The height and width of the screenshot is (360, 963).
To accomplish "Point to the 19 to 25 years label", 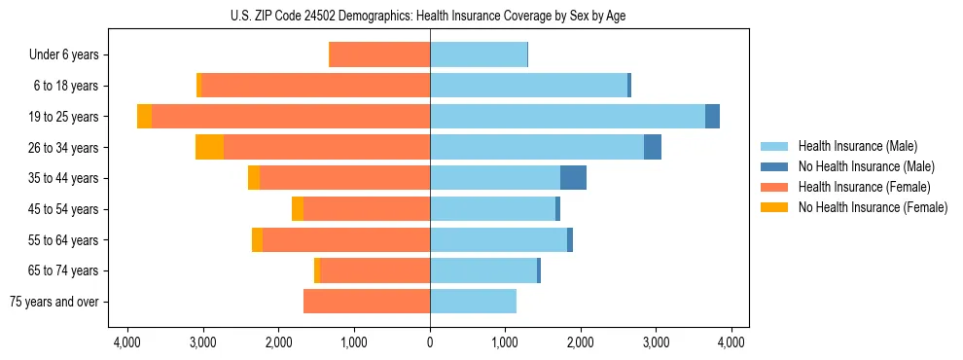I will tap(64, 117).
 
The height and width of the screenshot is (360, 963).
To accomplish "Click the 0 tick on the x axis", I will tap(430, 342).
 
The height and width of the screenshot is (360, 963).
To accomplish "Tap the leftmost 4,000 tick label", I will tap(127, 342).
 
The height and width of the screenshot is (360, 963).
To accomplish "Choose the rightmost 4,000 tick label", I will tap(731, 342).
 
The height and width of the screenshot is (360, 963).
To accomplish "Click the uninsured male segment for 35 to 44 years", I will tap(573, 178).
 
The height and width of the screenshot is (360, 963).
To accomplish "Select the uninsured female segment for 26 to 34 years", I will tap(209, 147).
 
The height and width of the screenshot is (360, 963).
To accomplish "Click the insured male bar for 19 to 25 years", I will tap(567, 117).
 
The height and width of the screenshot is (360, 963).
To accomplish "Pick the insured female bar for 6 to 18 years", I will tap(315, 86).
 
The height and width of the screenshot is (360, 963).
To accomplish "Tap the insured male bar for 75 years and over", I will tap(473, 302).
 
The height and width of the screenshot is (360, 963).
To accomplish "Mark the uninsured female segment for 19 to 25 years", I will tap(144, 117).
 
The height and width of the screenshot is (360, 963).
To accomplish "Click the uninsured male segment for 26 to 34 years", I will tap(653, 147).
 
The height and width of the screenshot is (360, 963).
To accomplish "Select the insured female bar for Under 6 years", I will tap(380, 55).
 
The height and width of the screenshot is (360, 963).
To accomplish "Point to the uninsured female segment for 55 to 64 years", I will tap(257, 240).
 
